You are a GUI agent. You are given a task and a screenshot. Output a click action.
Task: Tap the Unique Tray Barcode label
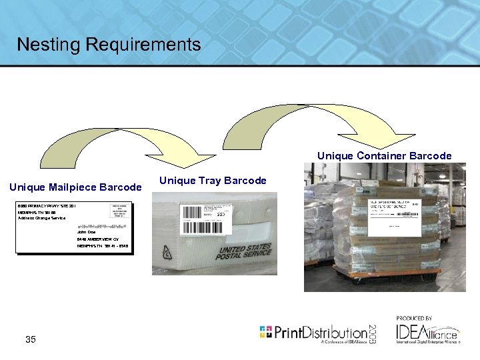point(213,181)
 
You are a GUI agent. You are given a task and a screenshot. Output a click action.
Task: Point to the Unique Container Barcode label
point(384,156)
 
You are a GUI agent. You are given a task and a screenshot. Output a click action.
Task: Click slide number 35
point(31,340)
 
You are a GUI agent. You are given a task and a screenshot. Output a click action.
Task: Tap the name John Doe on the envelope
point(86,232)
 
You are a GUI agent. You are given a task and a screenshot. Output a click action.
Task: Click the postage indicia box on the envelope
point(120,211)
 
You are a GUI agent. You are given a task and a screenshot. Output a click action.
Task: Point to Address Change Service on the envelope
point(43,219)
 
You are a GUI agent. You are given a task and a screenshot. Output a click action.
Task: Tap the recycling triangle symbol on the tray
point(165,253)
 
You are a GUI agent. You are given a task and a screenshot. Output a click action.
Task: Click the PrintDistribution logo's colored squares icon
point(265,331)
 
